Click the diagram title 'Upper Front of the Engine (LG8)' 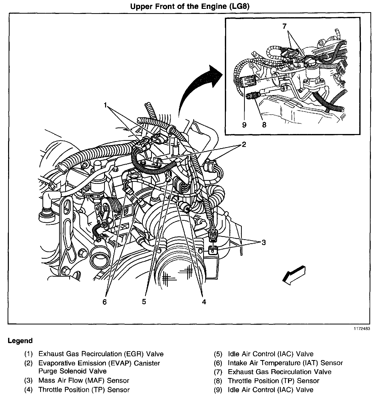coord(190,6)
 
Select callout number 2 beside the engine coord(244,144)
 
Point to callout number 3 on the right coord(264,243)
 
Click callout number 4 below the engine coord(204,302)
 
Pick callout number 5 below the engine coord(144,302)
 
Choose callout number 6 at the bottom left coord(105,302)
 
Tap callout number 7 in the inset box coord(284,26)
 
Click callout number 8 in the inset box coord(264,125)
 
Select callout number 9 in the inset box coord(244,125)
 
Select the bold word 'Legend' coord(20,341)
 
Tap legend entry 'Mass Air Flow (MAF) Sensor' coord(84,380)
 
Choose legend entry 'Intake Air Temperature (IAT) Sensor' coord(285,363)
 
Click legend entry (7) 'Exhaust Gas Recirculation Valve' coord(279,372)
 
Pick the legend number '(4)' coord(29,390)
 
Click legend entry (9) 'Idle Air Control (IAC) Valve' coord(270,390)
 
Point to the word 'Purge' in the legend coord(47,371)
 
